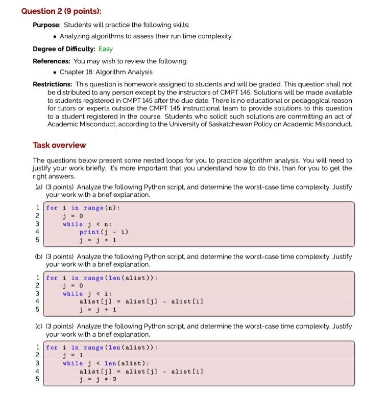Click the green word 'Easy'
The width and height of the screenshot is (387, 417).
click(106, 49)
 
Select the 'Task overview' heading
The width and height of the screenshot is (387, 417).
click(59, 145)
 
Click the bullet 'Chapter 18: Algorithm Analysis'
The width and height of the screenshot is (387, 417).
click(106, 72)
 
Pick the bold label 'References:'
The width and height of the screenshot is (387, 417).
click(52, 61)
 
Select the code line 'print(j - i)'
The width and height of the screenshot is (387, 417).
click(104, 232)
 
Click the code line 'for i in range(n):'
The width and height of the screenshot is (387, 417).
click(83, 208)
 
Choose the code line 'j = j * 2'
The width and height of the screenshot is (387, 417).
click(98, 379)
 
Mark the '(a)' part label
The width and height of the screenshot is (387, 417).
click(39, 187)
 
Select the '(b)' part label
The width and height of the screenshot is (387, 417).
click(39, 257)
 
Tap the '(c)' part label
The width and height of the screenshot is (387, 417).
click(39, 326)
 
